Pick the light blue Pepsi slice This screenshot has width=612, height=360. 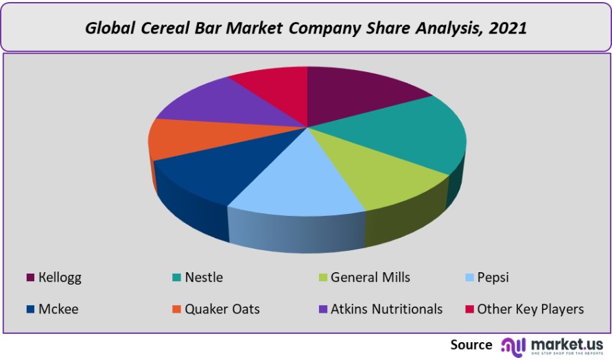click(302, 185)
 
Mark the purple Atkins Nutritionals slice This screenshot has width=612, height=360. click(220, 103)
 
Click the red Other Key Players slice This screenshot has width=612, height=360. click(274, 86)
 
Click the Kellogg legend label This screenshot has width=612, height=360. click(60, 278)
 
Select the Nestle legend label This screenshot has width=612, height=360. click(204, 278)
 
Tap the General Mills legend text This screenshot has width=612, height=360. click(370, 278)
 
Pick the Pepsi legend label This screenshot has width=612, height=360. click(493, 278)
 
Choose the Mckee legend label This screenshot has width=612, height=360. click(58, 309)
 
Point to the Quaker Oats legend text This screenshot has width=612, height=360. click(222, 309)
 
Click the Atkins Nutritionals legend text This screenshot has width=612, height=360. click(386, 309)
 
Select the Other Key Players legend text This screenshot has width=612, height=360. click(530, 309)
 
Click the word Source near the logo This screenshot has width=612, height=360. click(471, 344)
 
